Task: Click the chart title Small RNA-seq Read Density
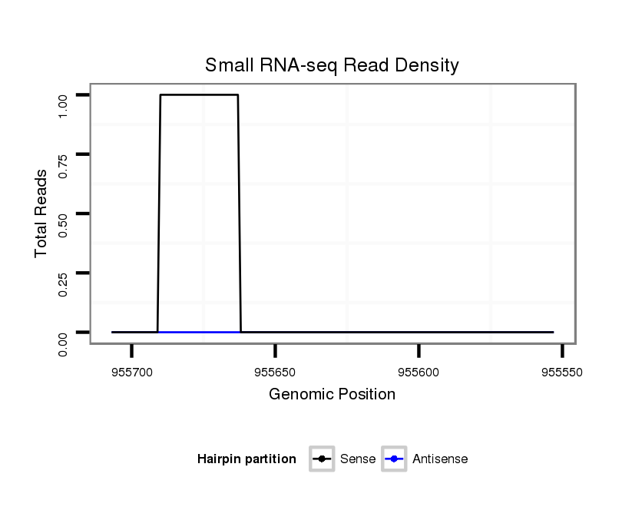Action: pos(332,65)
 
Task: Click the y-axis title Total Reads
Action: pos(41,214)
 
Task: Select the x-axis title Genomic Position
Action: pos(332,395)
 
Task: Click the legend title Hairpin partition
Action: pos(246,459)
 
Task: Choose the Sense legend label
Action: pos(358,459)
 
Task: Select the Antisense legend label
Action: pos(440,459)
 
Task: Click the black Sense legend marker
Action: pos(322,459)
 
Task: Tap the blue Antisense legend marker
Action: pos(393,459)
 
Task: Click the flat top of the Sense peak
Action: pos(200,95)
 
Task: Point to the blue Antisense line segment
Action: pos(200,332)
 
